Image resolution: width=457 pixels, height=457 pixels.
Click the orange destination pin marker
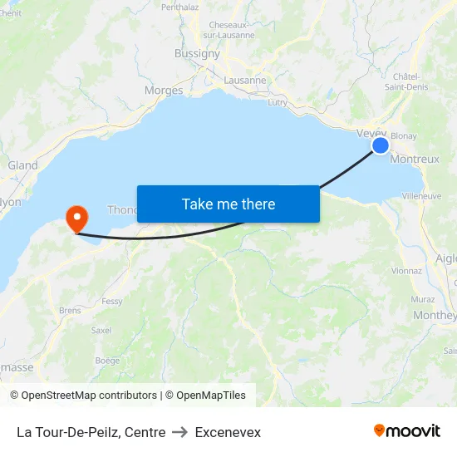76,219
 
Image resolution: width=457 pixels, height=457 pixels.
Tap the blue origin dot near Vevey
380,145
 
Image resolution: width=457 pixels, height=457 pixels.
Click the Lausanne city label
244,81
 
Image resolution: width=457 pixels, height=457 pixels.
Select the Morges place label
164,90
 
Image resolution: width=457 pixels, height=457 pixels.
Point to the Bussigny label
197,53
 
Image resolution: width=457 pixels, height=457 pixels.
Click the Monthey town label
435,315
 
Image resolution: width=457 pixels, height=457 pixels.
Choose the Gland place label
22,165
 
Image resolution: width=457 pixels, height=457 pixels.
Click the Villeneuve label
421,196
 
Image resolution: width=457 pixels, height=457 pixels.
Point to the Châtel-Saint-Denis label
406,81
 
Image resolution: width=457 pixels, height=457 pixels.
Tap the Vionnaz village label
406,270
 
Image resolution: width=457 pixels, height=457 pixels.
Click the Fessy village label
111,301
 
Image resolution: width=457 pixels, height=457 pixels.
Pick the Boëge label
107,360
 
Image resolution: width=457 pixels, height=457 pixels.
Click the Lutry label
278,102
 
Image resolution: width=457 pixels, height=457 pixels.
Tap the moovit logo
407,430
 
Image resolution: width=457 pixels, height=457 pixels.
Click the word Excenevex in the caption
228,432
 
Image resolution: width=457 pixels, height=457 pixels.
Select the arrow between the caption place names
180,432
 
